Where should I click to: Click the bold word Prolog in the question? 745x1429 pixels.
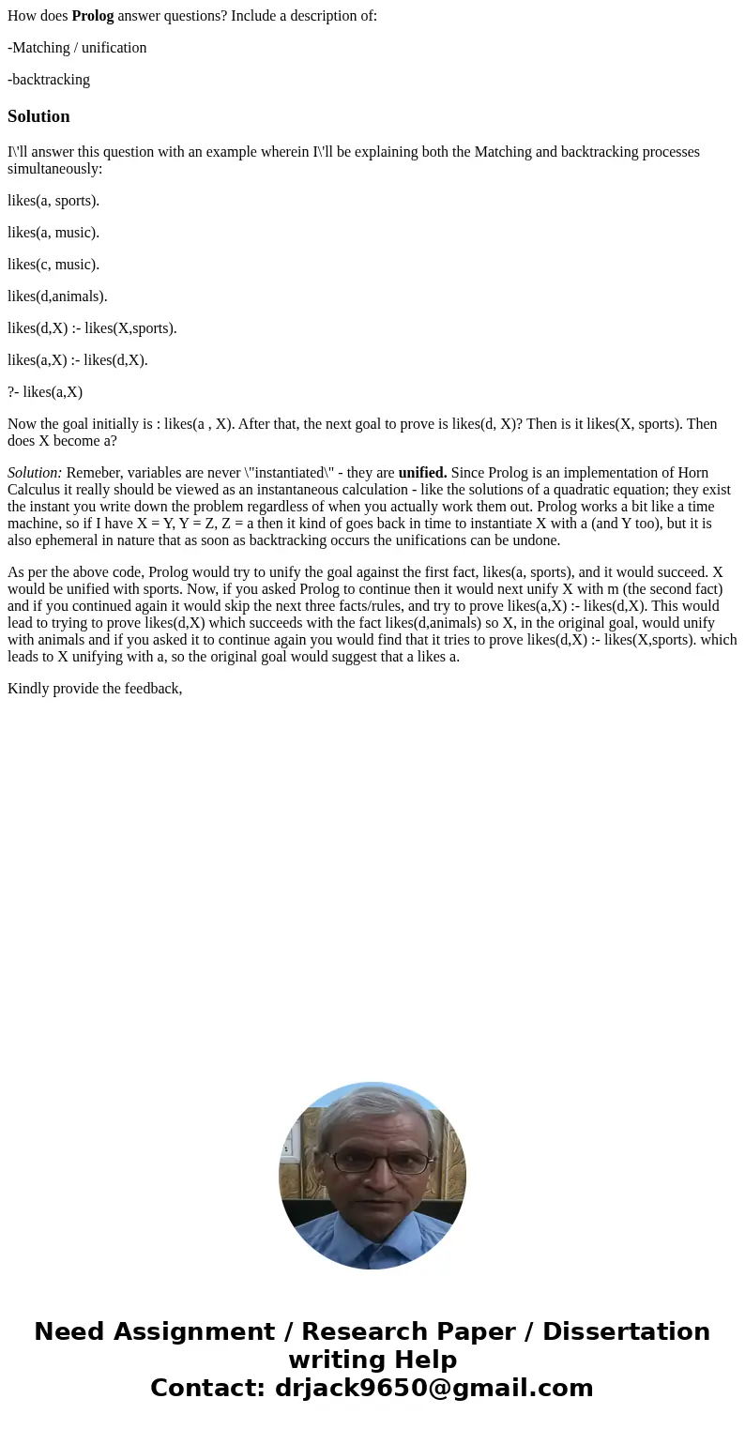tap(93, 15)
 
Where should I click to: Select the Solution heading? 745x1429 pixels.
tap(38, 116)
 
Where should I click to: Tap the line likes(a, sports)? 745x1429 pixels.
tap(53, 200)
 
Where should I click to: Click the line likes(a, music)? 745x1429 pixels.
tap(53, 232)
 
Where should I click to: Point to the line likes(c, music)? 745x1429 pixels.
tap(53, 264)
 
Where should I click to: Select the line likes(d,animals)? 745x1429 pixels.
tap(57, 296)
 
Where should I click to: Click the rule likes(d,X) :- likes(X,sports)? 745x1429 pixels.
tap(92, 327)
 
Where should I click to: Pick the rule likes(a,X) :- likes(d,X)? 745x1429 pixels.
tap(78, 359)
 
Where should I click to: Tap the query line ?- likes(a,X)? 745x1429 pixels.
tap(45, 391)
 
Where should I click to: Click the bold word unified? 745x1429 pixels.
tap(422, 472)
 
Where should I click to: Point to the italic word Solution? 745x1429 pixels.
tap(35, 472)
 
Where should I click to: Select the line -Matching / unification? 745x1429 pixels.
tap(77, 47)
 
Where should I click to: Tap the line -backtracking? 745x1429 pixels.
tap(49, 79)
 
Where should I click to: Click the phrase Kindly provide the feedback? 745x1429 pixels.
tap(95, 661)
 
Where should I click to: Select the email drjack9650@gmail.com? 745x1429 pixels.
tap(433, 1388)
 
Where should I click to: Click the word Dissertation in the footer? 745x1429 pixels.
tap(626, 1331)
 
